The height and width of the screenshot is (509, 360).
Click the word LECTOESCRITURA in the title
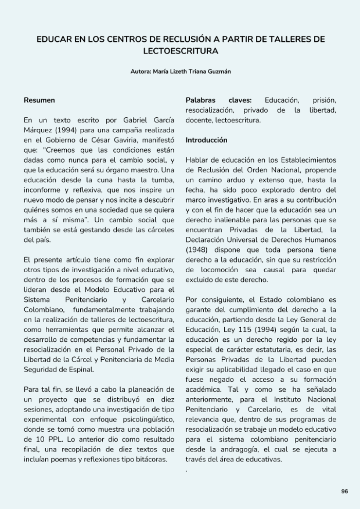pos(180,51)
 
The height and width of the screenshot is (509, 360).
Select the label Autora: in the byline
pos(141,71)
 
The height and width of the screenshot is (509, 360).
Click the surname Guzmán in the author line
pos(219,71)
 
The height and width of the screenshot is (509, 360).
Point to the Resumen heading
pos(39,100)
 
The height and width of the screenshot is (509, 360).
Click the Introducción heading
pos(206,140)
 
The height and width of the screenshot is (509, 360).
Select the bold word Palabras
pos(201,100)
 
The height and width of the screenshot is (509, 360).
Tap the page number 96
pos(345,491)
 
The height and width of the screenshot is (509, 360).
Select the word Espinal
pos(84,369)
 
